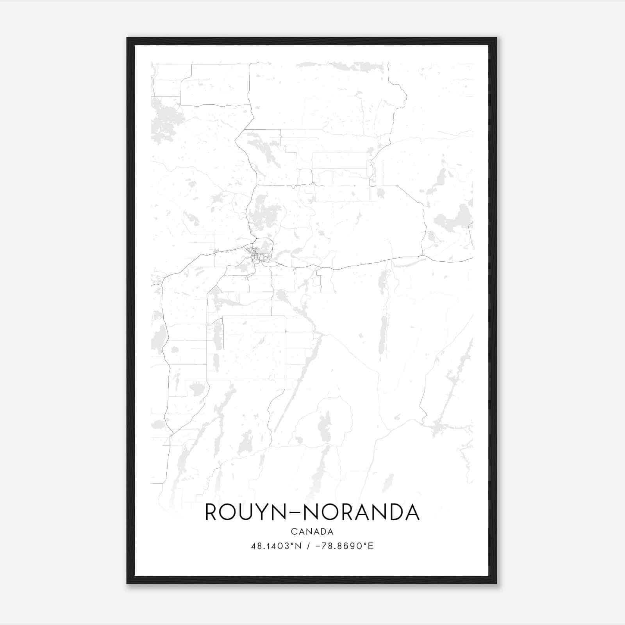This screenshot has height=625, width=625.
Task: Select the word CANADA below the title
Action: click(312, 532)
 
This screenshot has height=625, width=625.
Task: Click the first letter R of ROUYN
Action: click(212, 512)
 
